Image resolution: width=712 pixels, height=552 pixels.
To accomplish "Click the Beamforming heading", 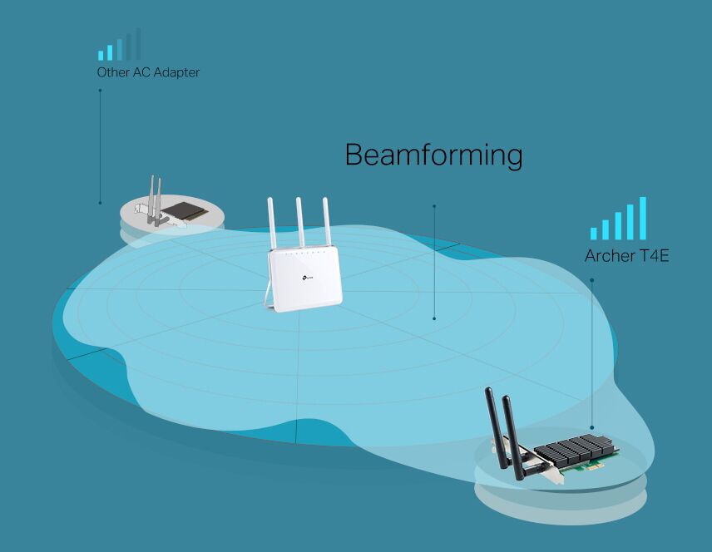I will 433,155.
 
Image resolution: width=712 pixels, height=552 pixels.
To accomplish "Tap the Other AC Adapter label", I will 148,72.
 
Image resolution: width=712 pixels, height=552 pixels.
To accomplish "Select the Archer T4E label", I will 626,255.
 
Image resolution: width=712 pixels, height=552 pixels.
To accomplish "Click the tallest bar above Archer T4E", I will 642,219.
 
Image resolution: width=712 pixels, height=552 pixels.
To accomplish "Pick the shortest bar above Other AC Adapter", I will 101,56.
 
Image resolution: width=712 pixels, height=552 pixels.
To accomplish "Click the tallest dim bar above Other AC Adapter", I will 137,44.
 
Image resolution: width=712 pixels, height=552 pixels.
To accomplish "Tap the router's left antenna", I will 271,223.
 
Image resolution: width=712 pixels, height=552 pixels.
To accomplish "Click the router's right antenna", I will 326,223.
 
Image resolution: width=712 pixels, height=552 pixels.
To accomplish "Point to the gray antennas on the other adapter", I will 154,200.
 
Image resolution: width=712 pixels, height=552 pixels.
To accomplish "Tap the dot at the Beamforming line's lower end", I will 434,318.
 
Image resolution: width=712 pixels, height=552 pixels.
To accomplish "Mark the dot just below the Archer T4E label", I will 591,279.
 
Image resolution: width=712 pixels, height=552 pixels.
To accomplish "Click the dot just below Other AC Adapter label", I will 100,91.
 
